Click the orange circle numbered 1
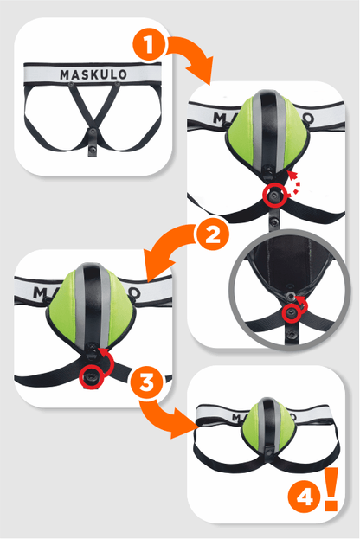149,45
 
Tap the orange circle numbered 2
211,236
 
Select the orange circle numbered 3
146,382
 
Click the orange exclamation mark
331,489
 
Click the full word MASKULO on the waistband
93,74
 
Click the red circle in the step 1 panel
274,195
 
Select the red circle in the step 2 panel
91,377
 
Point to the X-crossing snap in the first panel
92,131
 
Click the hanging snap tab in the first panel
92,148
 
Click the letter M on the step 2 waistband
39,292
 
